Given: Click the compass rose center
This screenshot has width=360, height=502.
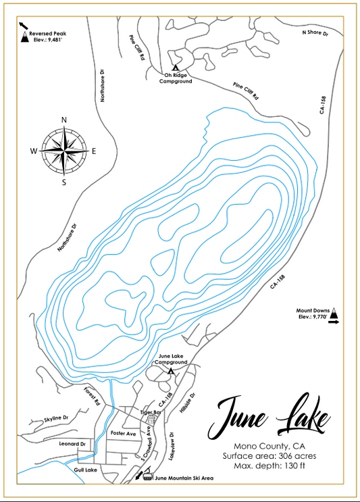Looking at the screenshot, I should click(65, 151).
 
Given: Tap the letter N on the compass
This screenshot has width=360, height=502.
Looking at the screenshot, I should click(64, 120).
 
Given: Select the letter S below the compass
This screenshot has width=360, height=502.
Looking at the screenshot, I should click(64, 182).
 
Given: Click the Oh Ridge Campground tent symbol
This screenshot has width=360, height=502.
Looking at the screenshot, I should click(175, 68).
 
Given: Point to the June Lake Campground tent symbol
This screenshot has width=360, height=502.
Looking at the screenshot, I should click(171, 371).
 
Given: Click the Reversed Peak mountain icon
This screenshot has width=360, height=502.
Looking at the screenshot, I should click(24, 38).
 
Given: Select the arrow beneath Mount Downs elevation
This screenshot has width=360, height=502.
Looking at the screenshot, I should click(333, 324).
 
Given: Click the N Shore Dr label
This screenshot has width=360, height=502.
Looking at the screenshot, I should click(314, 32).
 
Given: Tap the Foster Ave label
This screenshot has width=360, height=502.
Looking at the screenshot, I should click(124, 433).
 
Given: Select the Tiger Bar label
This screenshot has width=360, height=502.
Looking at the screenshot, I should click(151, 412).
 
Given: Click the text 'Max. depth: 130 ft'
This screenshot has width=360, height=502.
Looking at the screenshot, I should click(270, 466).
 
